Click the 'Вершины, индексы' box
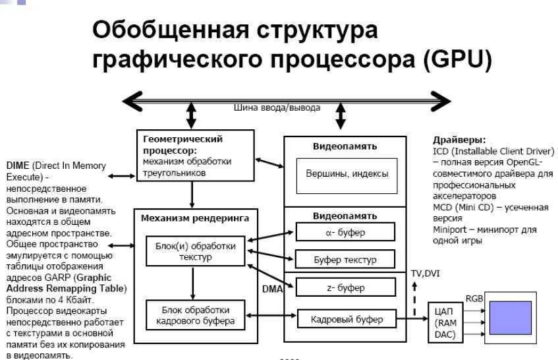coord(347,176)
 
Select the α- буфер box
coord(345,232)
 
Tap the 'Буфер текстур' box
coord(345,259)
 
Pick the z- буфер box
coord(346,287)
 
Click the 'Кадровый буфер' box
coord(347,318)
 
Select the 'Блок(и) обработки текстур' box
coord(196,251)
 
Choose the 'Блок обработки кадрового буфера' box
coord(196,315)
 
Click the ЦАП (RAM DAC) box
coord(445,322)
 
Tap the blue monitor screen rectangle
coord(511,318)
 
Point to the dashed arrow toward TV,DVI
coord(414,299)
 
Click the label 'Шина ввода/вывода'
coord(277,107)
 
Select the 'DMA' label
coord(273,289)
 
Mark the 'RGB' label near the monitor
coord(474,299)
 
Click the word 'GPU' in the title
coord(458,59)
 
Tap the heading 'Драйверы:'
coord(459,140)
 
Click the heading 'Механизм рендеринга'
coord(195,218)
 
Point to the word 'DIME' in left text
coord(18,165)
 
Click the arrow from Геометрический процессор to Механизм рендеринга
coord(192,195)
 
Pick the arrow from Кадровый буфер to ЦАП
coord(412,318)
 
